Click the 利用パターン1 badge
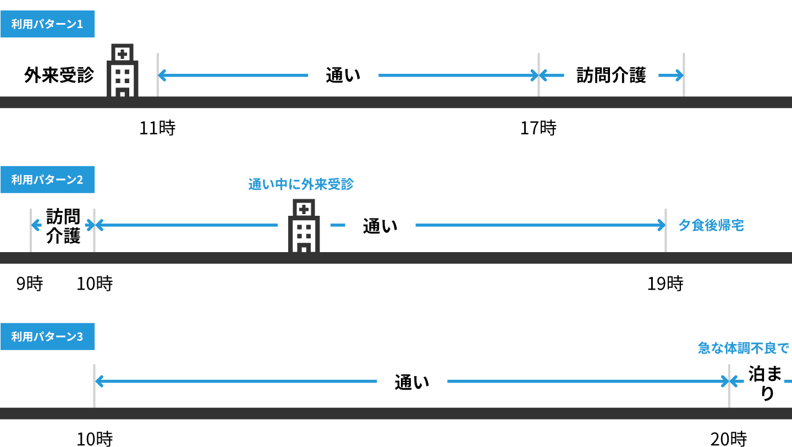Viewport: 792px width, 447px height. click(47, 24)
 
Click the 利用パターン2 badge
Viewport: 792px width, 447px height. click(47, 179)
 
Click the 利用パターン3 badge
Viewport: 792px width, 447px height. click(47, 336)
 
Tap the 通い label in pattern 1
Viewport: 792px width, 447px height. click(343, 74)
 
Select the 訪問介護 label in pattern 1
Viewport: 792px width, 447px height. click(611, 74)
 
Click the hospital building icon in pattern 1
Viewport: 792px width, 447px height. click(122, 72)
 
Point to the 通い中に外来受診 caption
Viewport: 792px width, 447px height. click(301, 184)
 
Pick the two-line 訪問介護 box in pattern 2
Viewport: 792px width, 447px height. click(63, 225)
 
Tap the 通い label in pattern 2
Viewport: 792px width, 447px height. click(380, 225)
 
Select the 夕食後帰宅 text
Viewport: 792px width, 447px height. click(711, 225)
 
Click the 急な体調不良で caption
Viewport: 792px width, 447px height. click(744, 348)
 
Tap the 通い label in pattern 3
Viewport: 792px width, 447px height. click(412, 381)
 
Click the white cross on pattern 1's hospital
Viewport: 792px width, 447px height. click(122, 54)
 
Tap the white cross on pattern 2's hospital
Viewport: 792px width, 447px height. click(304, 209)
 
